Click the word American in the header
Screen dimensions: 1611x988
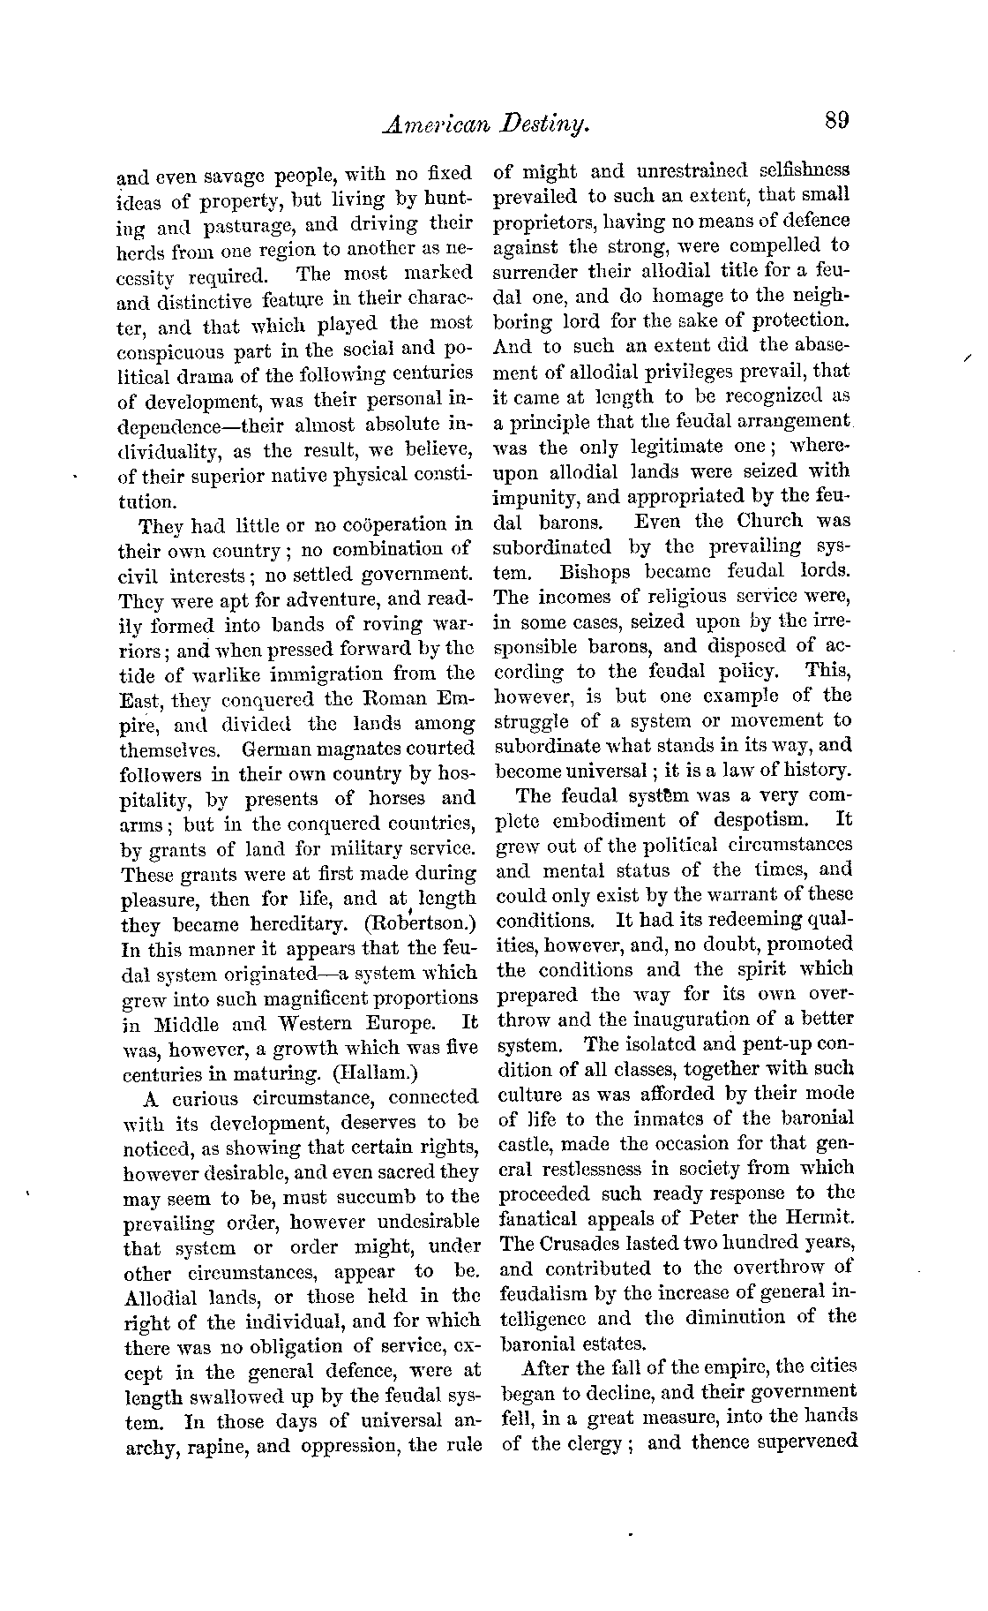coord(435,125)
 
